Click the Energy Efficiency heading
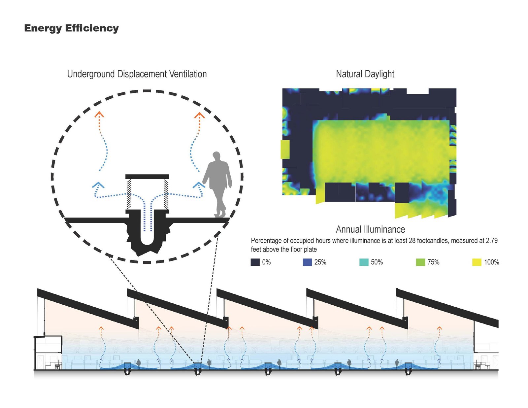click(x=71, y=28)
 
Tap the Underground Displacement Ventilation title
click(x=137, y=74)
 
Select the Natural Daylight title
click(x=365, y=74)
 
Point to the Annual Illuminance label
click(x=370, y=229)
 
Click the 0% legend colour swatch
click(x=255, y=262)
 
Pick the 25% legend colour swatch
click(x=307, y=262)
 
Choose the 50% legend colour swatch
click(x=364, y=262)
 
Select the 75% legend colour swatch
click(x=420, y=262)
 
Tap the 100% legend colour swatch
click(x=477, y=262)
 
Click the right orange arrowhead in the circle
click(x=199, y=115)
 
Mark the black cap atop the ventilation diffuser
click(x=147, y=177)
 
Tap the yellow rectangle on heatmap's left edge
click(x=285, y=149)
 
